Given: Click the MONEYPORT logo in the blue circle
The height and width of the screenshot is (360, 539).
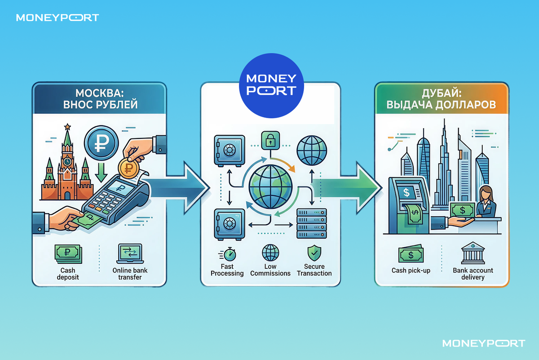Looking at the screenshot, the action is coord(271,85).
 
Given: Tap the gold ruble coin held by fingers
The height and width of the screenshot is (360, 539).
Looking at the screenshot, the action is coord(128,168).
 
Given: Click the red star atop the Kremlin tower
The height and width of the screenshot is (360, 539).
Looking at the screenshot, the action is coord(67,127).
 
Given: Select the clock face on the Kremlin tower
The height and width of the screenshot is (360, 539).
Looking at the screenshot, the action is coord(67,161).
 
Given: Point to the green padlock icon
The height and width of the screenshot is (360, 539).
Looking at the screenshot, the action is coord(270,140).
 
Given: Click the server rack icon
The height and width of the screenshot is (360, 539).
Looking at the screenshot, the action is coord(312,223).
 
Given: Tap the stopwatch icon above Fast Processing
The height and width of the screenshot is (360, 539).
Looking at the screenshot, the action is coord(230,254).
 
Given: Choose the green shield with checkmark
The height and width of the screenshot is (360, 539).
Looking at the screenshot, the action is coord(314,253).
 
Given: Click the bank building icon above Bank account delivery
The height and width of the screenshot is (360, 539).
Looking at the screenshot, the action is coord(473,253).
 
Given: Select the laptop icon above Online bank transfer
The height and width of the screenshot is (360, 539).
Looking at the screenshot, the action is coord(130,254).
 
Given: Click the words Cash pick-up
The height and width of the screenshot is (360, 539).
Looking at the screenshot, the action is coord(411,271).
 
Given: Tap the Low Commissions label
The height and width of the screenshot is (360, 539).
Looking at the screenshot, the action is coord(270,270).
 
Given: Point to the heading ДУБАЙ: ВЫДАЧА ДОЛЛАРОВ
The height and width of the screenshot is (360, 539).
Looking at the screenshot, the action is coord(441,99).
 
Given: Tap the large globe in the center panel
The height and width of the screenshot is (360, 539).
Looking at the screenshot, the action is coord(270,187).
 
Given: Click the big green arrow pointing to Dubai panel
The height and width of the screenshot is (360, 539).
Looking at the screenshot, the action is coord(346,188).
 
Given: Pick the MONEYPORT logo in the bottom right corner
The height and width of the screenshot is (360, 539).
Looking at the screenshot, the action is coord(484,343).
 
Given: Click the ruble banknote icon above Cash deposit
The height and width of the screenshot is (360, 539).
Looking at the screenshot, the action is coord(68,254).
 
